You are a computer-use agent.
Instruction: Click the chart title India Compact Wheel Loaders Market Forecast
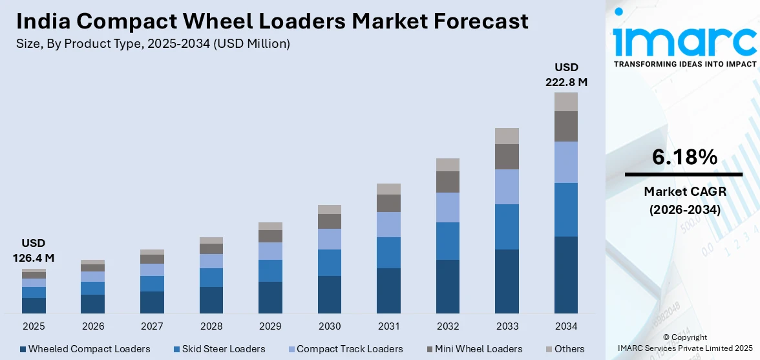pos(272,21)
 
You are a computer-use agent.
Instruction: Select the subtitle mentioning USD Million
pos(153,44)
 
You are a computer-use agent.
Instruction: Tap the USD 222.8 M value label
pos(566,74)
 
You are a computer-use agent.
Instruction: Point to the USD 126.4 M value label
pos(34,251)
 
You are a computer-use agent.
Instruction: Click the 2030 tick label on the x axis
pos(329,326)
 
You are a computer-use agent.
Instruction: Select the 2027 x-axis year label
pos(152,326)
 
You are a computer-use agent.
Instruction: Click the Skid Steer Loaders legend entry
pos(219,349)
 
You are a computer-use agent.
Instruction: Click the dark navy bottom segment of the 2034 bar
pos(565,275)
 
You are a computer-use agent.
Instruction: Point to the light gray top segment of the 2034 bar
pos(565,101)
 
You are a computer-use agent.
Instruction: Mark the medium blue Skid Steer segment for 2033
pos(507,226)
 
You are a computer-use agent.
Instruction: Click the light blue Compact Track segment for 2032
pos(448,207)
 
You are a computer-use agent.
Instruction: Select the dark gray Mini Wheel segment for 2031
pos(388,203)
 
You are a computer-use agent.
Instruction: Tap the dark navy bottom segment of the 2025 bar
pos(34,306)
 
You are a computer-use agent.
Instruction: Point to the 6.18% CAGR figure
pos(684,157)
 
